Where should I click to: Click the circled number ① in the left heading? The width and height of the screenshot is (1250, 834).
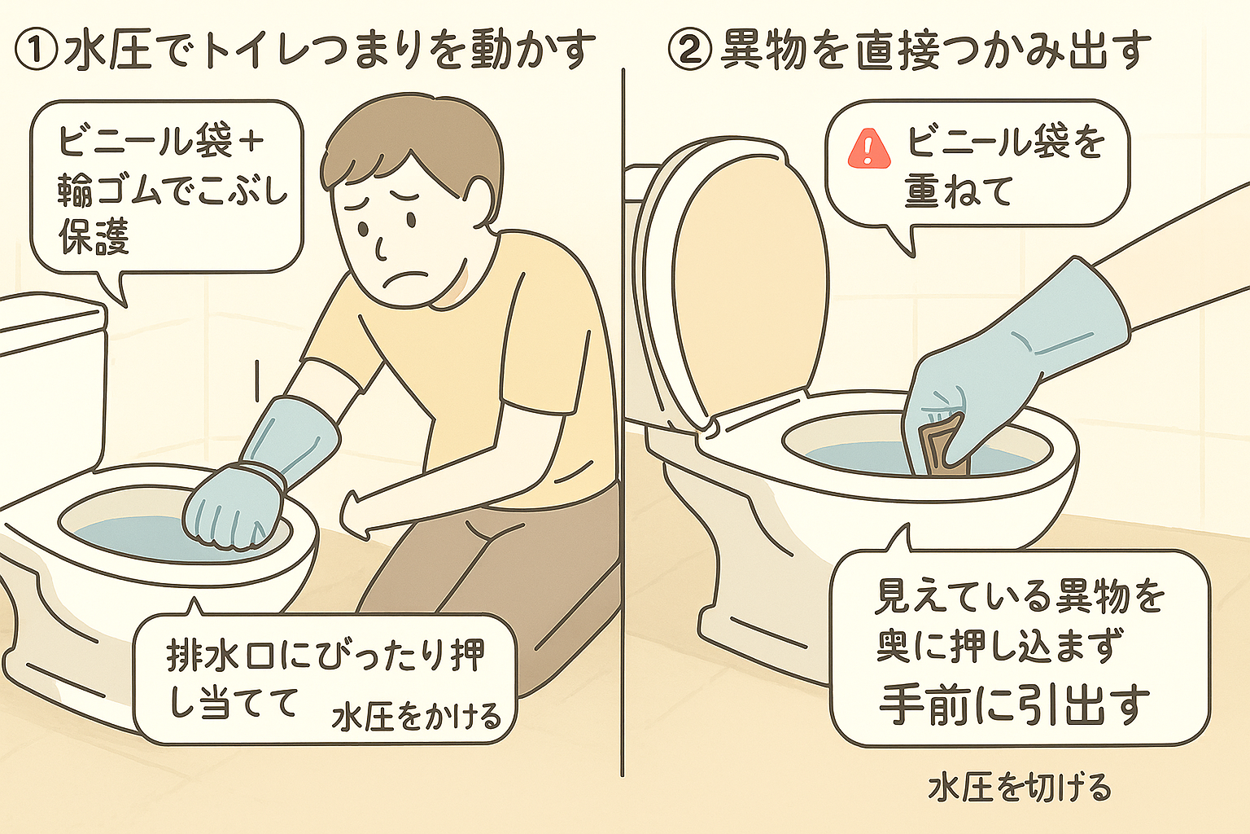point(37,51)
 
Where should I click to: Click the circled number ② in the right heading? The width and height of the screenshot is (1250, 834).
point(689,51)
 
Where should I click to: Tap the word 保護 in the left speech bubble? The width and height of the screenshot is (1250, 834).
point(94,237)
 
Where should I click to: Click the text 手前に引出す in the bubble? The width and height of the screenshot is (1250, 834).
point(1014,705)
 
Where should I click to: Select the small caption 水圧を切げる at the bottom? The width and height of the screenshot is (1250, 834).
point(1019,788)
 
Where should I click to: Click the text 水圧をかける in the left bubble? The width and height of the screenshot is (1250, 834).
point(417,717)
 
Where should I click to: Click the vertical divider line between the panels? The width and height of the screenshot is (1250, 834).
point(623,407)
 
